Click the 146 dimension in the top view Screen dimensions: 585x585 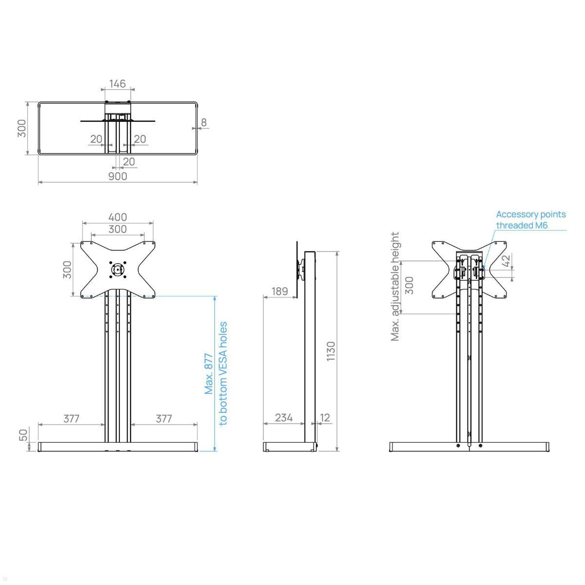[x=117, y=84]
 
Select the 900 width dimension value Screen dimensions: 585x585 [x=117, y=176]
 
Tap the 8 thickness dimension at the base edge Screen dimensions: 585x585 [x=204, y=122]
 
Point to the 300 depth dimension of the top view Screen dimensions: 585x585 [x=22, y=128]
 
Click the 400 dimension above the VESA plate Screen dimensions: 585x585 [x=117, y=217]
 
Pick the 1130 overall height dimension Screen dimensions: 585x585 [x=331, y=351]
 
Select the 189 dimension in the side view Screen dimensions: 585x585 [x=279, y=291]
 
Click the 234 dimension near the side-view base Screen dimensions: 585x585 [x=284, y=417]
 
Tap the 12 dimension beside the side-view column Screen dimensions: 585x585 [x=325, y=417]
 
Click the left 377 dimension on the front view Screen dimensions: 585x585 [x=71, y=418]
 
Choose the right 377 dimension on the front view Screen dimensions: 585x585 [x=164, y=418]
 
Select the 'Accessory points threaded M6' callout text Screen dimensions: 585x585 [x=530, y=220]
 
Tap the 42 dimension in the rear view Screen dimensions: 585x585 [x=506, y=261]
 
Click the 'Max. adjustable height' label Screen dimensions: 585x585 [x=395, y=286]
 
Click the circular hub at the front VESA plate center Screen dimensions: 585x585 [x=117, y=270]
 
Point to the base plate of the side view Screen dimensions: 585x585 [x=289, y=447]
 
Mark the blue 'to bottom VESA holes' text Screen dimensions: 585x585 [x=223, y=373]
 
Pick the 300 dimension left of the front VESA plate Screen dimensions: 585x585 [x=67, y=270]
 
